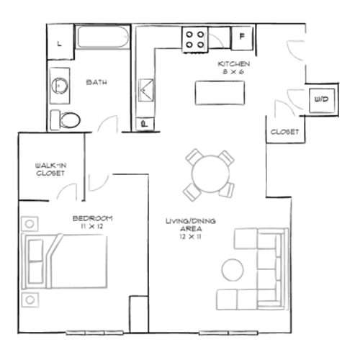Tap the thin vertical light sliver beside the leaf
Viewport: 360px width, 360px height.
click(205, 40)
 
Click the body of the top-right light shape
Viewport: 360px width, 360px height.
click(292, 50)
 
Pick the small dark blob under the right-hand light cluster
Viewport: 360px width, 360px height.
click(284, 130)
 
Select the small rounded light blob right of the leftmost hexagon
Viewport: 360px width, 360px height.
click(98, 182)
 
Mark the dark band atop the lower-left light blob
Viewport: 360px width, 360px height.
click(94, 216)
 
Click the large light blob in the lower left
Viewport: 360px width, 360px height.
click(72, 263)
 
